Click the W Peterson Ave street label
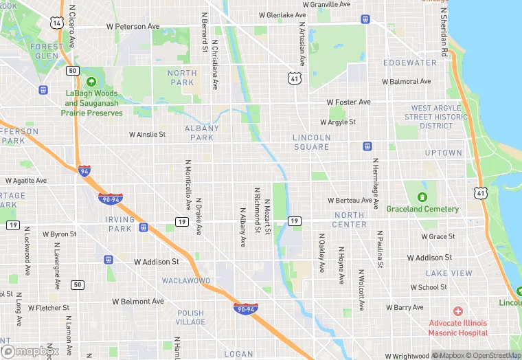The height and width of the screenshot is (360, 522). [x=133, y=27]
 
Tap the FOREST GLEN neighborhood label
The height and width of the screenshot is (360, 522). [x=47, y=52]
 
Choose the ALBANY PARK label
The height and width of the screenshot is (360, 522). [x=202, y=133]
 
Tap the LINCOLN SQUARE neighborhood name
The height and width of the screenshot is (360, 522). [x=311, y=142]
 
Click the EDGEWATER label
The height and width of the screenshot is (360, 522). [x=410, y=63]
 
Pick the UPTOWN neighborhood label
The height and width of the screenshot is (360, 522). [x=443, y=153]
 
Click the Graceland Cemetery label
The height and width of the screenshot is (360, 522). [x=422, y=209]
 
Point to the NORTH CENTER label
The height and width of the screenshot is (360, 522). [x=350, y=220]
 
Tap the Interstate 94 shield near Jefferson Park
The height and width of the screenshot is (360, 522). [x=84, y=171]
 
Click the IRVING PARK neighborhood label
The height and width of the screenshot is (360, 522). [x=120, y=224]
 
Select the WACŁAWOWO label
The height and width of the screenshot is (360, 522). [x=185, y=281]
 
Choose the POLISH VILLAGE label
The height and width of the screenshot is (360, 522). [x=190, y=317]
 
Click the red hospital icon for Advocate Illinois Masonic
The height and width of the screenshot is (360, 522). [x=457, y=311]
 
